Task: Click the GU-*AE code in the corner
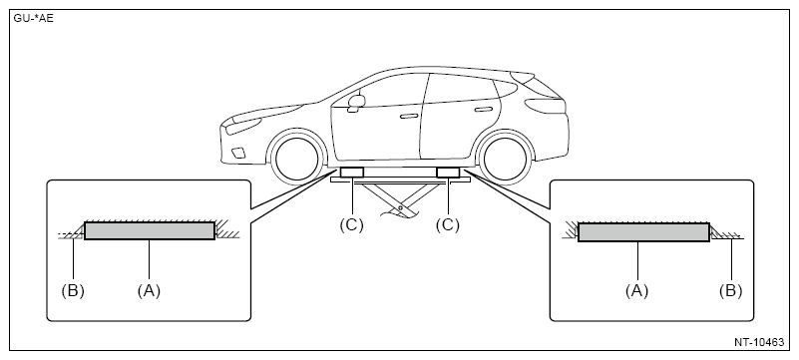(x=34, y=19)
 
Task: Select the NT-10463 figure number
(x=759, y=342)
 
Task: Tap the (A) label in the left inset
(x=149, y=291)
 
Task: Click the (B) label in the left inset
(x=73, y=291)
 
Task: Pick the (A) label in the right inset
(x=637, y=291)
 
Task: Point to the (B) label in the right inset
(x=731, y=291)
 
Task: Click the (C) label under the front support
(x=351, y=225)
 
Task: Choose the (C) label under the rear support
(x=448, y=225)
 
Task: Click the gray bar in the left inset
(x=150, y=230)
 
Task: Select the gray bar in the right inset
(x=643, y=232)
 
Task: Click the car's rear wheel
(x=505, y=158)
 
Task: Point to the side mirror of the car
(x=356, y=101)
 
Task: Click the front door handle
(x=409, y=116)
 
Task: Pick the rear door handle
(x=482, y=110)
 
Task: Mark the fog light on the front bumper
(x=237, y=153)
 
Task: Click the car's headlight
(x=243, y=126)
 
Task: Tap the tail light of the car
(x=546, y=106)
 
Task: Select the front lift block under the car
(x=351, y=173)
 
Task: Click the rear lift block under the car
(x=448, y=173)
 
